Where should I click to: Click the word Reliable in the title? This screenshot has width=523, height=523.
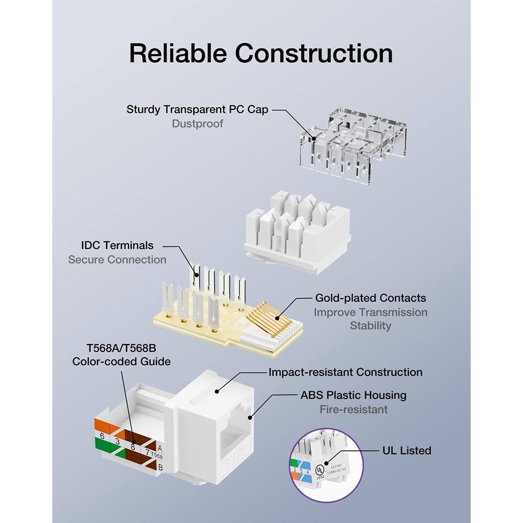pos(177,53)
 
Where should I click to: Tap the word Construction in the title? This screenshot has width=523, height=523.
pos(314,53)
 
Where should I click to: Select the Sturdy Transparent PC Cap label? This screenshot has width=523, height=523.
pos(197,110)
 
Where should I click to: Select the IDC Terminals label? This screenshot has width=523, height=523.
pos(117,245)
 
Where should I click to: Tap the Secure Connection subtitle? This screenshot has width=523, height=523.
pos(117,260)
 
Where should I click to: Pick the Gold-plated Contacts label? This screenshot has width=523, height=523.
pos(370,298)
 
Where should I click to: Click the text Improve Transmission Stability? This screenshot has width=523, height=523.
pos(370,319)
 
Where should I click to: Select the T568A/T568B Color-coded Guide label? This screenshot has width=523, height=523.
pos(121,354)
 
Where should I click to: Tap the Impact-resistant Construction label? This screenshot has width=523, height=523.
pos(345,372)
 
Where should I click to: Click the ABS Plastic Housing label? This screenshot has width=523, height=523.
pos(353,395)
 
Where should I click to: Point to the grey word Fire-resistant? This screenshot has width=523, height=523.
pos(354,410)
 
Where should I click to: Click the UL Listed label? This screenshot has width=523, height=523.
pos(406,450)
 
